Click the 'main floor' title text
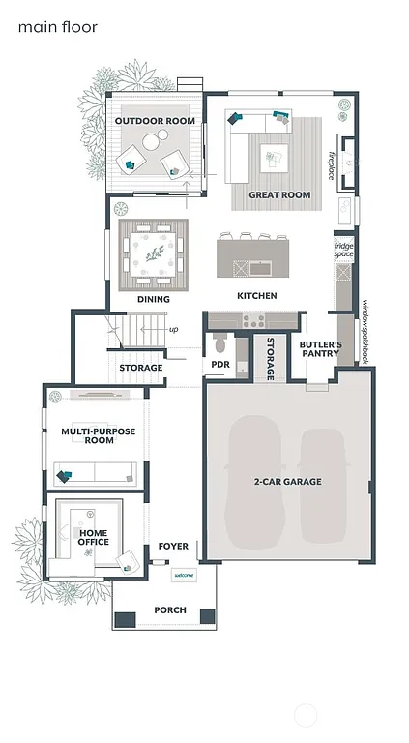click(57, 28)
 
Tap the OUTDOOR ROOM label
click(155, 121)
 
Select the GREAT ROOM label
click(279, 195)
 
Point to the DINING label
click(153, 300)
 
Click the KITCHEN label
click(257, 295)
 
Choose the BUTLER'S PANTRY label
click(318, 348)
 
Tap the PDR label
click(219, 365)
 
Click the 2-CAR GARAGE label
click(287, 481)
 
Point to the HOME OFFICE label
click(94, 537)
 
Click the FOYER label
click(173, 547)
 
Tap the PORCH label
click(170, 610)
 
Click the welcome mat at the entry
click(184, 575)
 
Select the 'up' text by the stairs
click(173, 329)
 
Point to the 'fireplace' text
click(332, 164)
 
